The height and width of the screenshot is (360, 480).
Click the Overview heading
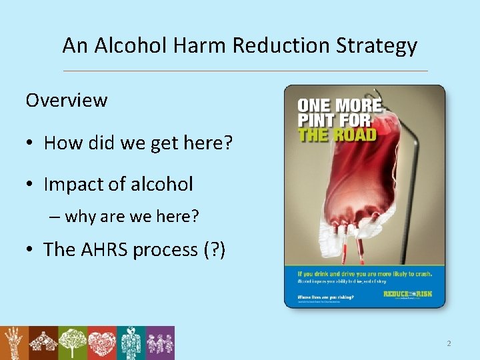coord(66,100)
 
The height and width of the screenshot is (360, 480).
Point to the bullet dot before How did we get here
coord(31,143)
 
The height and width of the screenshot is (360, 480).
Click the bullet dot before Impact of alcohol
coord(31,185)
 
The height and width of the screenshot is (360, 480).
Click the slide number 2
coord(449,343)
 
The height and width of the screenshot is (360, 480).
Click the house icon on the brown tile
coord(43,343)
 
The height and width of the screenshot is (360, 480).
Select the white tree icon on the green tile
coord(73,343)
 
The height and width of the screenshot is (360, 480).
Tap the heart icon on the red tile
coord(101,343)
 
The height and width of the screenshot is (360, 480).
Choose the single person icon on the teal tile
coord(131,343)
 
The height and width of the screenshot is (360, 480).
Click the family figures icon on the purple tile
coord(160,343)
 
